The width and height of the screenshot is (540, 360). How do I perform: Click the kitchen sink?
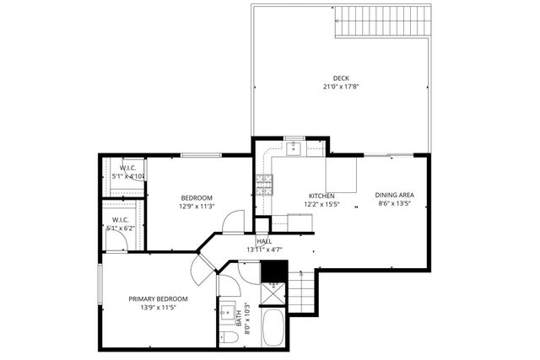(294, 148)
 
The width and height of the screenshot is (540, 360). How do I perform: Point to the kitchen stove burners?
(264, 184)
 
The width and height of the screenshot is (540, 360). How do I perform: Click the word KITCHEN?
(321, 195)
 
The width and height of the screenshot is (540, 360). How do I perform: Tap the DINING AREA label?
(395, 195)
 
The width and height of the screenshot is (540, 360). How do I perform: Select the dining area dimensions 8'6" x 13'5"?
(395, 204)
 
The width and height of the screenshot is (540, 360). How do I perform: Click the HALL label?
(263, 241)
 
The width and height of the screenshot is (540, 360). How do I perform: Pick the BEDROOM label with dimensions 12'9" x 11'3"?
(197, 197)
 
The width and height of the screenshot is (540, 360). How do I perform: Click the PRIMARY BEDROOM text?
(158, 299)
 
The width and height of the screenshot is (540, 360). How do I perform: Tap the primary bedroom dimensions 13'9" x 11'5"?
(158, 309)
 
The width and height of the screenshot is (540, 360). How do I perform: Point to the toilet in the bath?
(229, 338)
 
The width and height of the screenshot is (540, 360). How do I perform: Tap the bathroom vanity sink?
(227, 314)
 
